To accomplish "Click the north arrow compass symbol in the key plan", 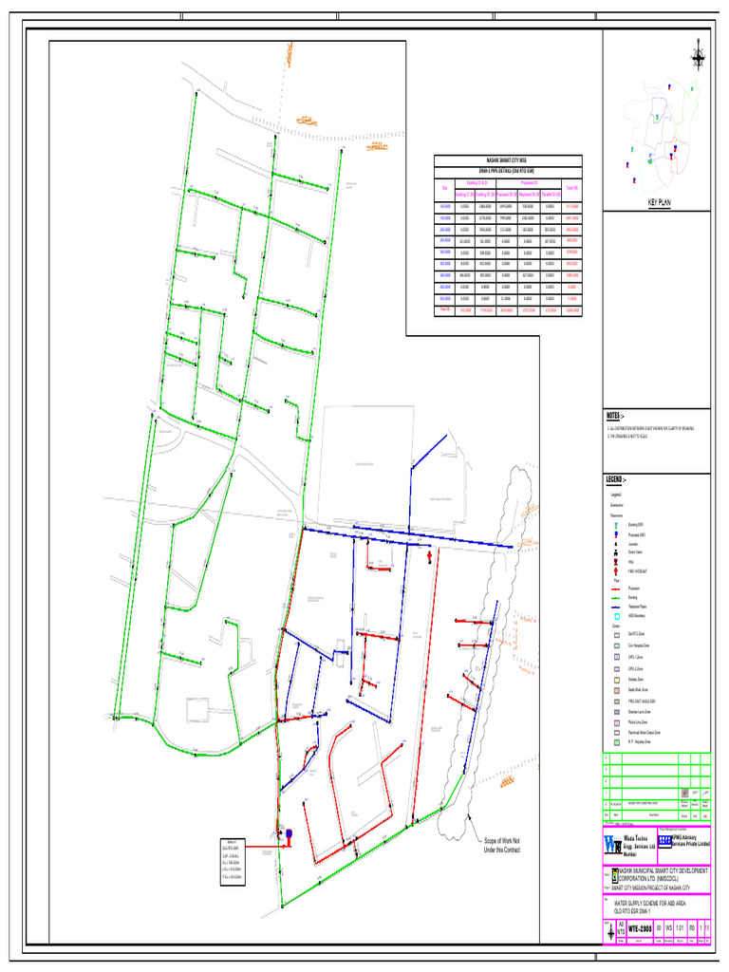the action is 699,55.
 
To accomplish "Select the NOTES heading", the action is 615,416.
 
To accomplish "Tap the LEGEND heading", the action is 617,480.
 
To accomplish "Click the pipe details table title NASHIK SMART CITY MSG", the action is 508,161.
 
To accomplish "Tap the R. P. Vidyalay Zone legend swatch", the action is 616,742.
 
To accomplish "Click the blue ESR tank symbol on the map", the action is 289,834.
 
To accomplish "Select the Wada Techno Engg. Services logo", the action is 612,844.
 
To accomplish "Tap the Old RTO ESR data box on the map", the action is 234,861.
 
